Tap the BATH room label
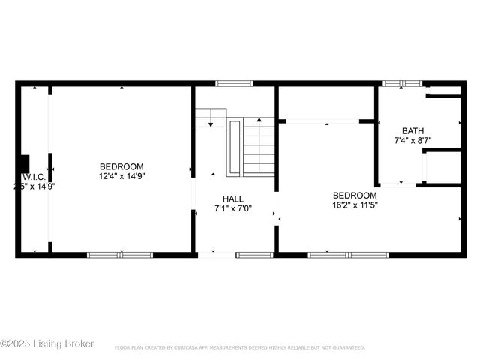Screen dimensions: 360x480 point(412,130)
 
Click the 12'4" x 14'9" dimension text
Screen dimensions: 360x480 point(121,176)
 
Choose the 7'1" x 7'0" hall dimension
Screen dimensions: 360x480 point(232,208)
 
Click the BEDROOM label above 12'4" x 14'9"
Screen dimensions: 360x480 point(121,166)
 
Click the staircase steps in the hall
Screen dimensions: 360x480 point(259,147)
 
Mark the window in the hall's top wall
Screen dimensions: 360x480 point(229,83)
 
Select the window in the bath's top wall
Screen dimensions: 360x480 point(403,83)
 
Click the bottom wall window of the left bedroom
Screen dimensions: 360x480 point(120,255)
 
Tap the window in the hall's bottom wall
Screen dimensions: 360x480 point(254,255)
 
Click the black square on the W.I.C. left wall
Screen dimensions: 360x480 point(24,163)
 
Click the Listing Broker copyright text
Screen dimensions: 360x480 point(48,343)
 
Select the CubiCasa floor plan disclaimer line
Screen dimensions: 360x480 point(240,347)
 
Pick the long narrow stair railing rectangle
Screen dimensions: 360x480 point(234,147)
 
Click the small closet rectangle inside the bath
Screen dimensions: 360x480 point(442,166)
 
